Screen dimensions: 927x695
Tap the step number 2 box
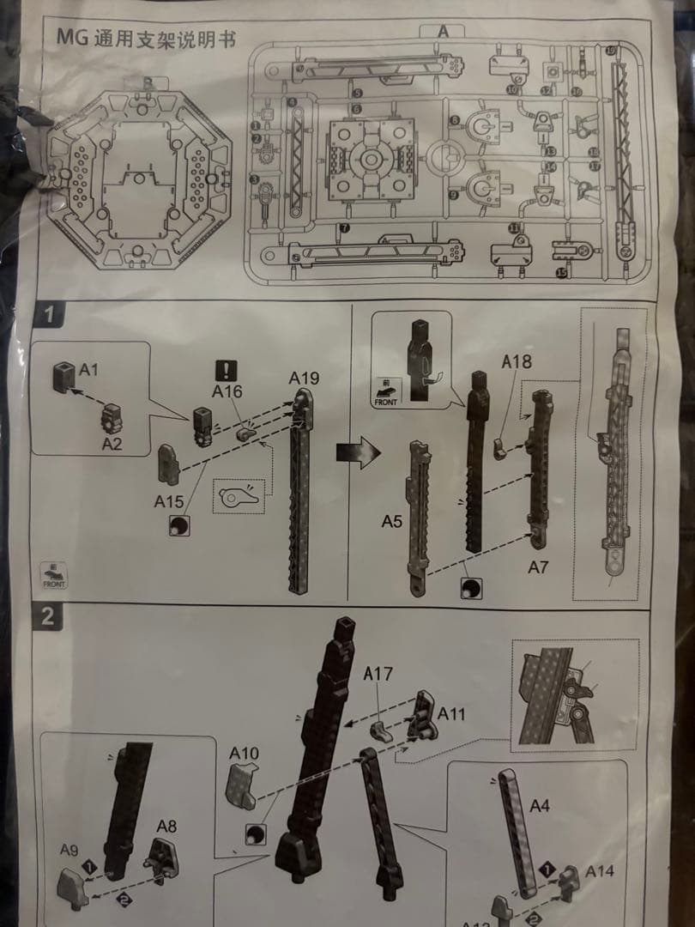[48, 615]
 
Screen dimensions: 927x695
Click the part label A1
[89, 371]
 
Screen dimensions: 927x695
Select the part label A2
[112, 443]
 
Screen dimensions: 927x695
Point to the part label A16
[227, 392]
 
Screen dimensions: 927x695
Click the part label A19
[304, 377]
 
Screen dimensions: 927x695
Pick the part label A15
[171, 500]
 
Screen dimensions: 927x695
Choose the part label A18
[517, 361]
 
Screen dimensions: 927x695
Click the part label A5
[391, 521]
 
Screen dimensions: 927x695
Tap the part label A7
[539, 566]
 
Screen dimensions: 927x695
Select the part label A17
[378, 675]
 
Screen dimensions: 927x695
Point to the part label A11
[452, 713]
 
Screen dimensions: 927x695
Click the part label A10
[244, 753]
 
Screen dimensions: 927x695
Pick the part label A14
[601, 870]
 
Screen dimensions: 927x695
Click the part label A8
[166, 826]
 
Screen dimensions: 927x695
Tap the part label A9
[69, 850]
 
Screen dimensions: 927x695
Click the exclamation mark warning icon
[226, 370]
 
